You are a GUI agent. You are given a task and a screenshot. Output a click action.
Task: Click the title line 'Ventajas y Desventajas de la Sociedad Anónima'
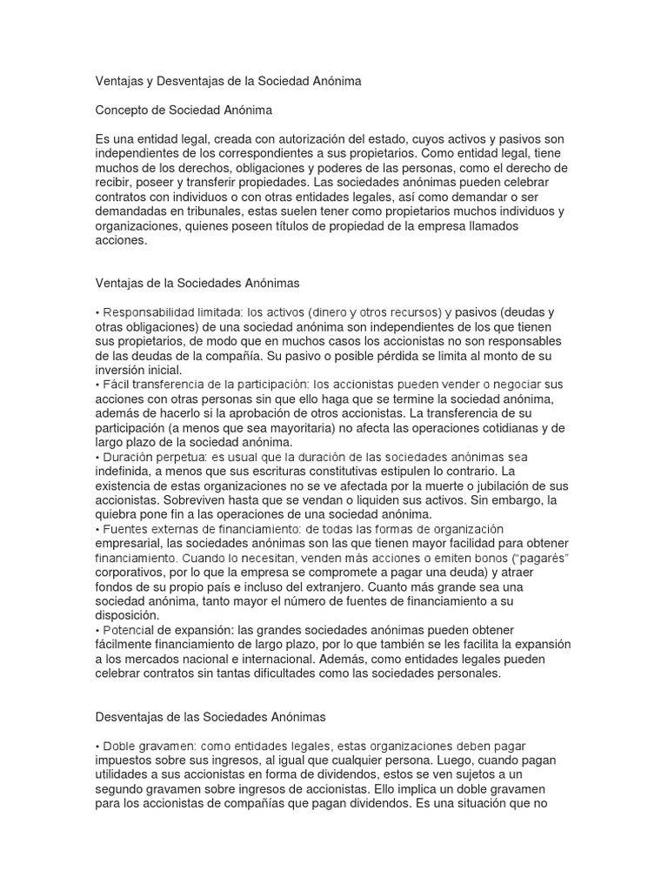click(x=227, y=81)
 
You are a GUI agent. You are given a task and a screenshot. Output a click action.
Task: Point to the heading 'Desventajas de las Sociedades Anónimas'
click(x=209, y=717)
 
